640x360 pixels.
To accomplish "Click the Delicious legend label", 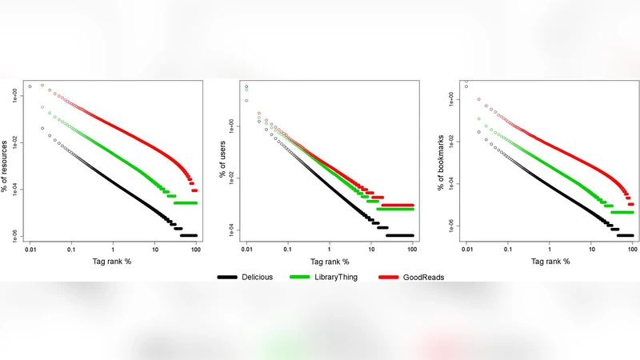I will pos(257,277).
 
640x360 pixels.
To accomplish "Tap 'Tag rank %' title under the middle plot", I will pos(330,262).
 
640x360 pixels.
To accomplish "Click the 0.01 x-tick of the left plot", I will pos(30,250).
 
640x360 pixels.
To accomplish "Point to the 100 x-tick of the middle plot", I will pos(412,250).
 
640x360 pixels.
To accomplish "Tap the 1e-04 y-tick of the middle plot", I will pos(234,230).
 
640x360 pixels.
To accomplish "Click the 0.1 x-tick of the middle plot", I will pos(288,250).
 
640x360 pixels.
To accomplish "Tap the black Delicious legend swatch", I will pos(227,277).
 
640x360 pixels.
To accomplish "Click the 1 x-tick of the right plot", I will pos(550,250).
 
